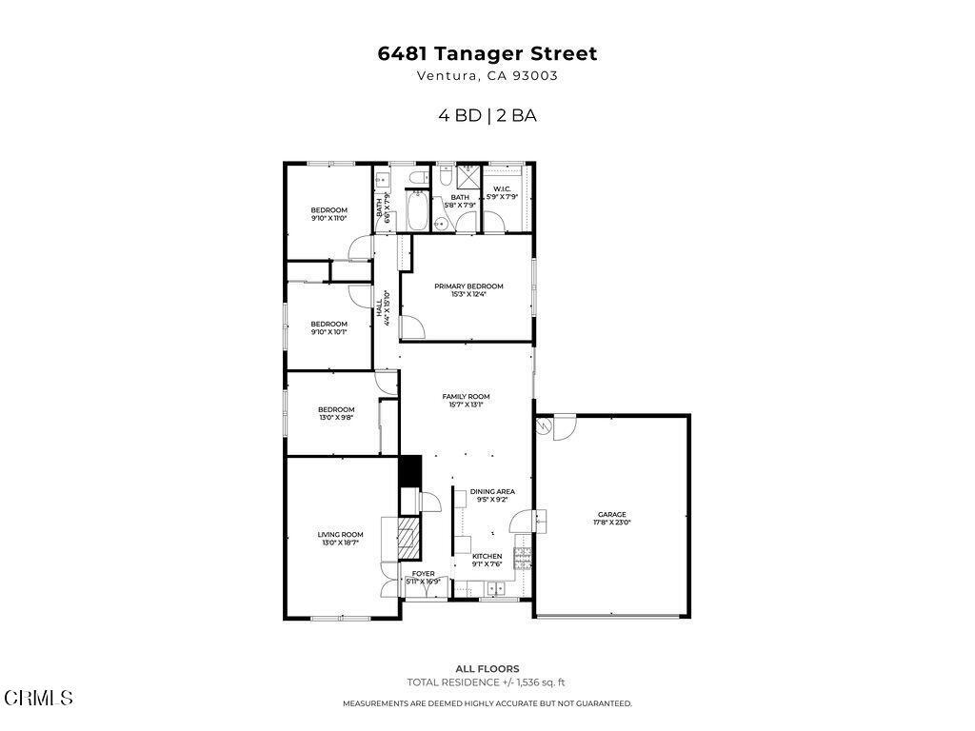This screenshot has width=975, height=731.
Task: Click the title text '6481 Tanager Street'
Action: click(487, 54)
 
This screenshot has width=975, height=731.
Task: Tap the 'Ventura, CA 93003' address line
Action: click(487, 77)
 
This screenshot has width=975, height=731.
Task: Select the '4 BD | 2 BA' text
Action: click(487, 116)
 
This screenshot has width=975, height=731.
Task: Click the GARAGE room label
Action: click(612, 514)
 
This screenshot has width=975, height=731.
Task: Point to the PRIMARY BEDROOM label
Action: click(468, 286)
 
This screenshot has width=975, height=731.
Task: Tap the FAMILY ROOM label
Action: click(466, 396)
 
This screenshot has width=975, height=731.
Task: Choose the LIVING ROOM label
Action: click(340, 535)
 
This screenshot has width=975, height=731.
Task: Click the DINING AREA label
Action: click(492, 492)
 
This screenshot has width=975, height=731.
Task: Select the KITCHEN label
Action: click(487, 556)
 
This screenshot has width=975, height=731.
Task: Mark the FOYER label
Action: click(423, 574)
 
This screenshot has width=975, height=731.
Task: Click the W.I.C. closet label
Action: click(503, 188)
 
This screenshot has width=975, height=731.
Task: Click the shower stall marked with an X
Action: click(468, 178)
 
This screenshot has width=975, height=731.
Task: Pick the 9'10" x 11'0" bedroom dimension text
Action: click(328, 218)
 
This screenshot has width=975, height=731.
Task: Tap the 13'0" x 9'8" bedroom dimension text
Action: click(335, 417)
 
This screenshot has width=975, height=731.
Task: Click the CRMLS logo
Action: click(37, 698)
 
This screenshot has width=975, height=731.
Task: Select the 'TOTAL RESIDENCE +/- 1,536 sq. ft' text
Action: click(487, 682)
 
